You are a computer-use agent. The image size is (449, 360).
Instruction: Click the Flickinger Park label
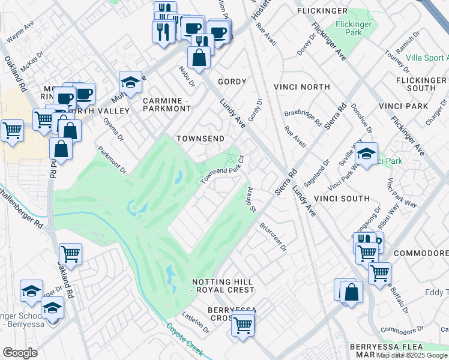[354, 28]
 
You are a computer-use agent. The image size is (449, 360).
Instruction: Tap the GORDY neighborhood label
[232, 82]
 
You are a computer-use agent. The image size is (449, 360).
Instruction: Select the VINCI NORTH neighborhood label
[301, 87]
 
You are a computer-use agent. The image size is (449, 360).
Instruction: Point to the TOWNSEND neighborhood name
[200, 139]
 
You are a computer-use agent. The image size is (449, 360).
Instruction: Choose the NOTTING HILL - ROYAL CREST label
[223, 286]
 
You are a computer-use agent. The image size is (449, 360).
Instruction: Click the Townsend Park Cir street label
[223, 171]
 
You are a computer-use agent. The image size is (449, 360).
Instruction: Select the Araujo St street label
[252, 199]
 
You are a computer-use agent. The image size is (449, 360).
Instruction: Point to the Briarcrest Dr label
[273, 237]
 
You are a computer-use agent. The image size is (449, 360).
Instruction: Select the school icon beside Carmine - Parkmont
[130, 81]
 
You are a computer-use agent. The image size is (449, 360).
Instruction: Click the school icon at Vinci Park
[366, 154]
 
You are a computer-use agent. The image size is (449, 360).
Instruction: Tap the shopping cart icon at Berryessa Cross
[243, 325]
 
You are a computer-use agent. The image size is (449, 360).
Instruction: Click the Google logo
[20, 353]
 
